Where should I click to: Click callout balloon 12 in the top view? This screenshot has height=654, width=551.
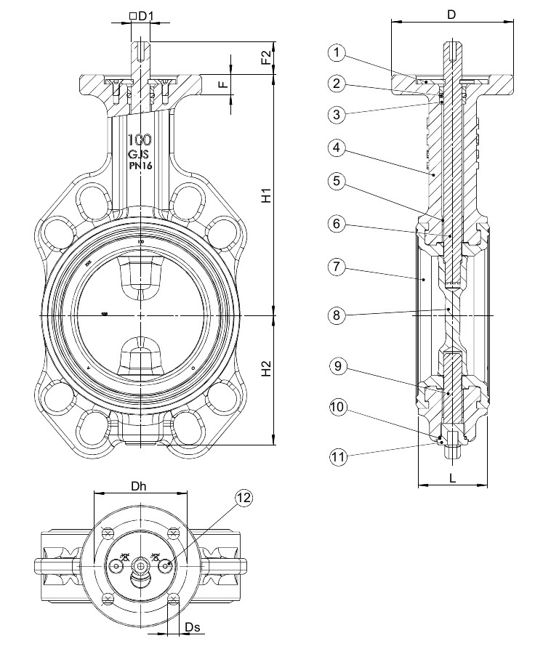(244, 498)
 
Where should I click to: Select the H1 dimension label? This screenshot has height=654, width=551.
(267, 195)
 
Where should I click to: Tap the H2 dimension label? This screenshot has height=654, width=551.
(267, 368)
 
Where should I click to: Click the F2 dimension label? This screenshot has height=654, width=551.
(267, 57)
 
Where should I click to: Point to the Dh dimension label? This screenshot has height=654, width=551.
(140, 486)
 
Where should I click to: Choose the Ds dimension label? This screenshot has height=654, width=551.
(193, 626)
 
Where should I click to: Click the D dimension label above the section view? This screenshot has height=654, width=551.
(451, 14)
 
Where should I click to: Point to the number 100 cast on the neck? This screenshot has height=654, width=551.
(139, 140)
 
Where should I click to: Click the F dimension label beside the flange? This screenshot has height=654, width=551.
(224, 84)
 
